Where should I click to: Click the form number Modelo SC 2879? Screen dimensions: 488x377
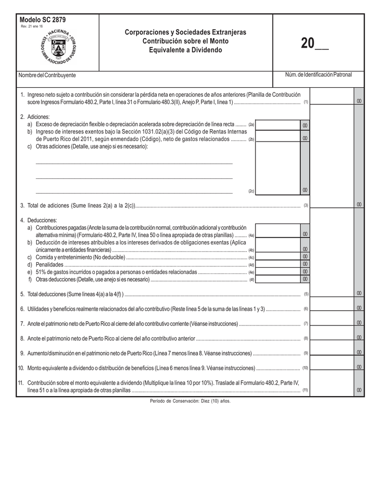click(43, 20)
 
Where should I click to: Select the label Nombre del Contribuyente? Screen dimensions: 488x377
click(47, 75)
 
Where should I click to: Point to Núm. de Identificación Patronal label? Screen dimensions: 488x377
click(318, 75)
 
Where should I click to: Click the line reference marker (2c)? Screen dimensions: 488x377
click(251, 191)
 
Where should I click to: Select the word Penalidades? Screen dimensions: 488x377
click(50, 264)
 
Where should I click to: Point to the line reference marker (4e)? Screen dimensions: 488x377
click(251, 272)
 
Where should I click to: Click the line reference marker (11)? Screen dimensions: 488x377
click(305, 390)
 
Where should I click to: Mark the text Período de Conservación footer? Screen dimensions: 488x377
click(190, 401)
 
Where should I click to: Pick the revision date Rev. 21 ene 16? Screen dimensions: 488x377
click(31, 26)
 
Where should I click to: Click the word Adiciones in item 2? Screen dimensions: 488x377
click(38, 117)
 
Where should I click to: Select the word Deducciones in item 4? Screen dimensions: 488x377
click(42, 220)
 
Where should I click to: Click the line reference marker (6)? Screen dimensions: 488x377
click(306, 309)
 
